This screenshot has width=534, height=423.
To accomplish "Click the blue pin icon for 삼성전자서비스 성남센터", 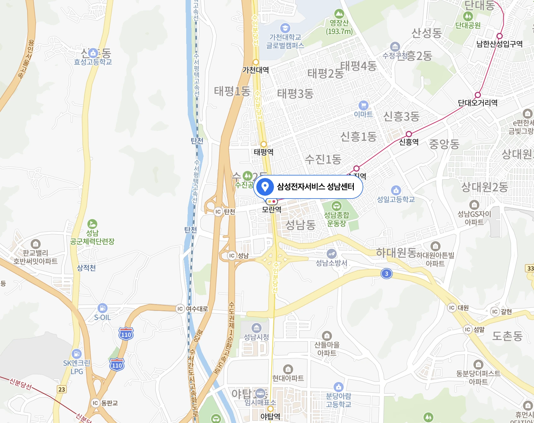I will [x=265, y=187].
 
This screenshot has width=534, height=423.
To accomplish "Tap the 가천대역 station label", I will [x=256, y=70].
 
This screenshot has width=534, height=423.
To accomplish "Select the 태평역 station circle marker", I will [x=264, y=144].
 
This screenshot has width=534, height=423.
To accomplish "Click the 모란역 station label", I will [x=271, y=209].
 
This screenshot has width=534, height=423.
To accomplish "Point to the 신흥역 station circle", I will [x=409, y=134].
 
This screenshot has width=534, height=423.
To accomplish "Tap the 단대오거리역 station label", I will [x=478, y=103].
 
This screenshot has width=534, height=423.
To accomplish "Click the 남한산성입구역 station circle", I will [x=499, y=36].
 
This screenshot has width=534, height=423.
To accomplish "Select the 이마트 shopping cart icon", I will [x=363, y=105].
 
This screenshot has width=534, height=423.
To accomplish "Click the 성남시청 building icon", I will [x=257, y=328].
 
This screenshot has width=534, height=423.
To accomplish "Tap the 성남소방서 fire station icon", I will [x=331, y=254].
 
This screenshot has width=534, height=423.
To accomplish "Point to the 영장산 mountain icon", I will [x=339, y=14].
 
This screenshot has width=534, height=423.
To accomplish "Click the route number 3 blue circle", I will [x=386, y=274].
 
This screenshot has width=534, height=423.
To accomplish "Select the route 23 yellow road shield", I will [x=62, y=389].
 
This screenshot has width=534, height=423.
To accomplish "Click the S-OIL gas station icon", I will [x=102, y=308].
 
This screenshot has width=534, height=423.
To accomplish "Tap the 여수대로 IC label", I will [x=197, y=309].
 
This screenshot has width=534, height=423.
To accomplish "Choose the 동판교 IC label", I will [x=109, y=403].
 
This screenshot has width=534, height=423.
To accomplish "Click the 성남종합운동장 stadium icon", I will [x=336, y=206].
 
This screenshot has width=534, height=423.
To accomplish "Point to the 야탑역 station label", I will [x=270, y=417].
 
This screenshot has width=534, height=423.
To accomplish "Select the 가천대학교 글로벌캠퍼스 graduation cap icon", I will [x=285, y=28].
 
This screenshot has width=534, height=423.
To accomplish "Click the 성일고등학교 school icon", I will [x=396, y=190].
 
